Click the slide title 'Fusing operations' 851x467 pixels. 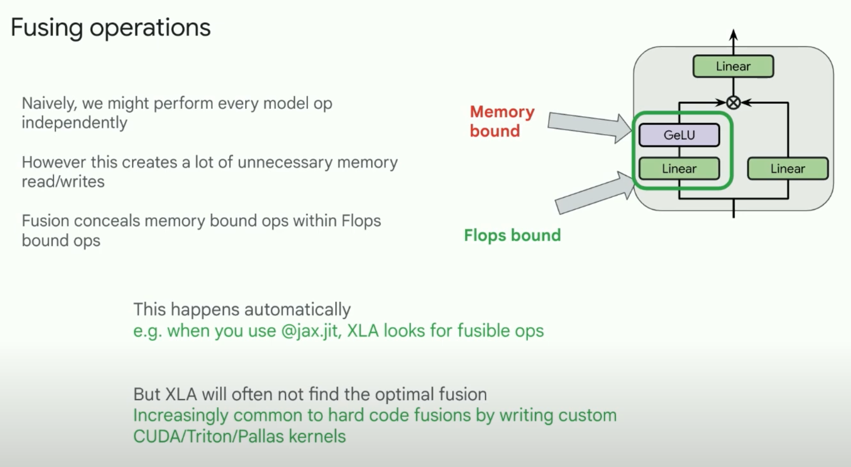110,27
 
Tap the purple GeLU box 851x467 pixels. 679,135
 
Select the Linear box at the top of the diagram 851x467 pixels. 733,66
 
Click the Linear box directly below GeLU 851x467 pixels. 679,169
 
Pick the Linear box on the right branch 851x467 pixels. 788,169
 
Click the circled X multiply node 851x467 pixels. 733,103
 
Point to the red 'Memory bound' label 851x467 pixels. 501,121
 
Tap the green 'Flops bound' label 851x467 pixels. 512,235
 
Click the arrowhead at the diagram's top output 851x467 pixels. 733,35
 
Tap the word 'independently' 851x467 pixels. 74,123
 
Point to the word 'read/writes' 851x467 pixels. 63,181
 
